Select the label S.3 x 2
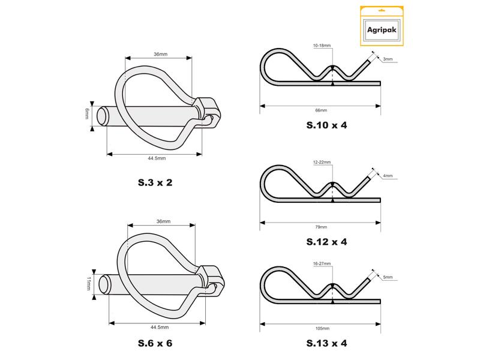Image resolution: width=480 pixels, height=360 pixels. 151,182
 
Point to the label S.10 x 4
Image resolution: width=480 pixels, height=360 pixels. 326,127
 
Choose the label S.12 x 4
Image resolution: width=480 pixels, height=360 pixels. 326,242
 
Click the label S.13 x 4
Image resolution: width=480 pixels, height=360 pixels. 326,344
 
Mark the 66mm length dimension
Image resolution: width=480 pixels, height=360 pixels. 321,110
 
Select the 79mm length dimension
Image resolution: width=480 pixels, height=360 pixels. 321,227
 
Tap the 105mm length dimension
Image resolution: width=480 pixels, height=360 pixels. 322,329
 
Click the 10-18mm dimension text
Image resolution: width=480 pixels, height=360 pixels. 322,46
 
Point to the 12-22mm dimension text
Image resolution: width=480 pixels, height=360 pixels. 322,163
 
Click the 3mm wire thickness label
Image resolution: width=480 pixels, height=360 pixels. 388,59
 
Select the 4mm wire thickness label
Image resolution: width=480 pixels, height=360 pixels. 388,176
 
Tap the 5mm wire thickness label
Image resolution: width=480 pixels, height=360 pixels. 388,278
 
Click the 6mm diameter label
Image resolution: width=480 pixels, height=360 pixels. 86,113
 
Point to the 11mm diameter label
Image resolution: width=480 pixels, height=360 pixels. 87,283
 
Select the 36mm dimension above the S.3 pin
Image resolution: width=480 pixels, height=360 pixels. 160,55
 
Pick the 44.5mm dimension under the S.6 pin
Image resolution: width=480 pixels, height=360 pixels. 159,327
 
